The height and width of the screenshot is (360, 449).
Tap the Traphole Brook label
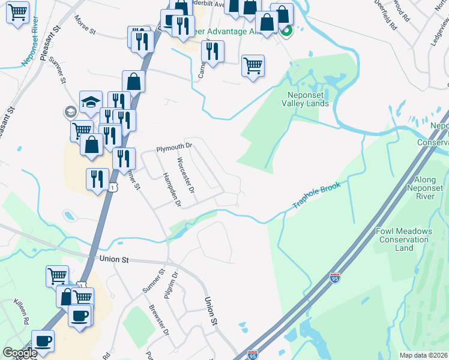click(x=316, y=196)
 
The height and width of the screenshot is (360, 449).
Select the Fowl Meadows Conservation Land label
click(x=404, y=239)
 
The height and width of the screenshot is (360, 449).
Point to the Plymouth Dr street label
click(x=173, y=146)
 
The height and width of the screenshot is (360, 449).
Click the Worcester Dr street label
click(x=186, y=175)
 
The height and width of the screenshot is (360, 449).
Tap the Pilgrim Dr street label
click(x=174, y=285)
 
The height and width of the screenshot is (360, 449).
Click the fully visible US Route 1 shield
click(x=112, y=188)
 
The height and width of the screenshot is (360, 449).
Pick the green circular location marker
click(x=287, y=31)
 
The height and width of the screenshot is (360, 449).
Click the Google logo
click(x=20, y=353)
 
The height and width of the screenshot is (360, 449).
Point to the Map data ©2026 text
click(x=423, y=355)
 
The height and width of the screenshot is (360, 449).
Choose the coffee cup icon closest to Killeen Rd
click(x=43, y=341)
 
